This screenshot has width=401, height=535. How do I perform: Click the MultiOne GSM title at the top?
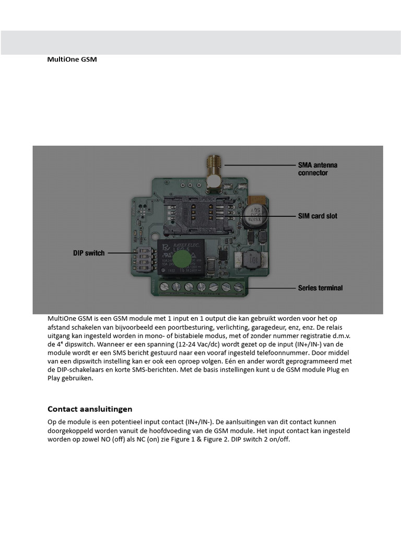tap(72, 60)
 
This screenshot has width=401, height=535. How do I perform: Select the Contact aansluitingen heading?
tap(90, 409)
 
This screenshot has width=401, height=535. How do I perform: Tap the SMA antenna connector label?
tap(317, 169)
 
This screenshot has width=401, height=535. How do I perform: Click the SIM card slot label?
tap(317, 216)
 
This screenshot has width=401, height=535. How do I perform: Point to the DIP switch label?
tap(89, 253)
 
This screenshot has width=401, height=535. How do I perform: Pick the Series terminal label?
tap(320, 287)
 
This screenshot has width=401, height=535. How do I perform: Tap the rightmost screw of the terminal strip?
tap(239, 287)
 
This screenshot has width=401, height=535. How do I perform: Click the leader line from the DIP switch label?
tap(120, 253)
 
